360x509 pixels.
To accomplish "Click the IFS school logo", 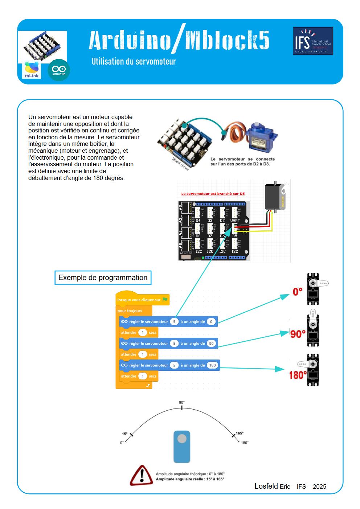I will pyautogui.click(x=313, y=41).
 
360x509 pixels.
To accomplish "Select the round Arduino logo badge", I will pyautogui.click(x=59, y=70).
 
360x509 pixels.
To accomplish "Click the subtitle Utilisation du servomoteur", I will pyautogui.click(x=134, y=61).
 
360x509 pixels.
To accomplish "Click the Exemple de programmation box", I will pyautogui.click(x=103, y=278).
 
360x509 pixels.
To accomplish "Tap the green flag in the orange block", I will pyautogui.click(x=165, y=300).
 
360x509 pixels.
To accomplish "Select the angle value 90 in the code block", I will pyautogui.click(x=212, y=343).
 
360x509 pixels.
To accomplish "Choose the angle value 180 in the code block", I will pyautogui.click(x=213, y=365).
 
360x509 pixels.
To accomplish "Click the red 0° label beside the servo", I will pyautogui.click(x=298, y=292).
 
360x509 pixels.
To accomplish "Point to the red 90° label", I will pyautogui.click(x=298, y=334).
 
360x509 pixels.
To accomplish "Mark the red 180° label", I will pyautogui.click(x=298, y=375).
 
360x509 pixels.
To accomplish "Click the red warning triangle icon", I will pyautogui.click(x=141, y=476).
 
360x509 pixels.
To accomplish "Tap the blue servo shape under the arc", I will pyautogui.click(x=182, y=447).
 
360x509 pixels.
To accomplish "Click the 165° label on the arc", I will pyautogui.click(x=240, y=433).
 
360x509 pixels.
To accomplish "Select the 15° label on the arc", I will pyautogui.click(x=124, y=434).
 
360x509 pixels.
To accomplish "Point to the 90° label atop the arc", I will pyautogui.click(x=182, y=403).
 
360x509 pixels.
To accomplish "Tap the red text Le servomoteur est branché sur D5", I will pyautogui.click(x=213, y=194).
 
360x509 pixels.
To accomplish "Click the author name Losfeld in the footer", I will pyautogui.click(x=266, y=486).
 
